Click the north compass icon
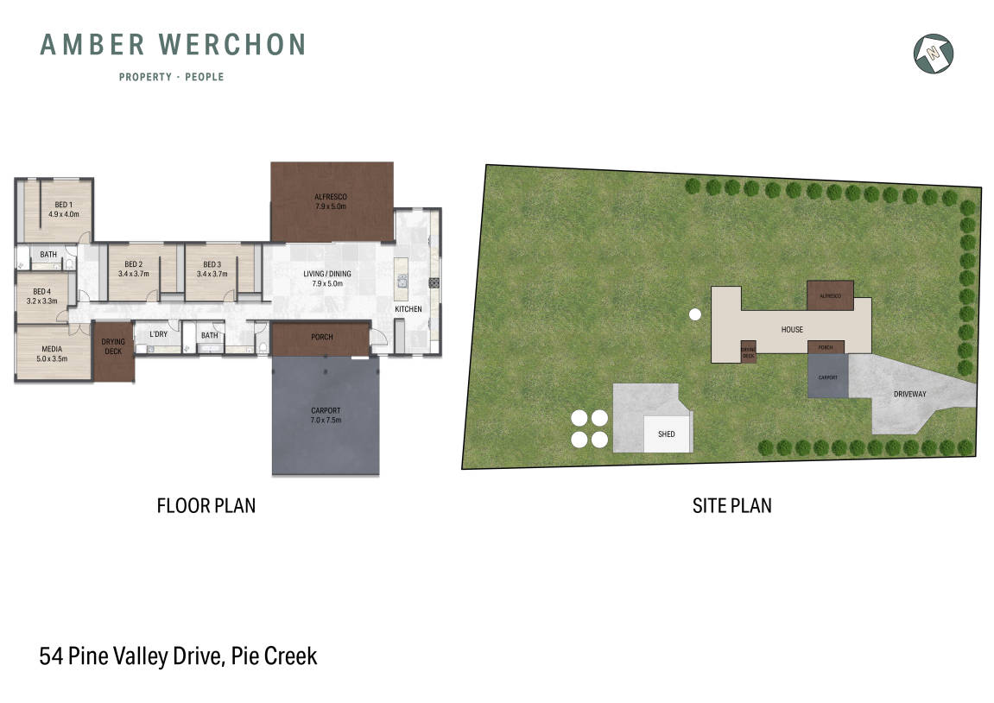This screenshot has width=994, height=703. coord(933,53)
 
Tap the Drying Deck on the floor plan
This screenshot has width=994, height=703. coord(113,346)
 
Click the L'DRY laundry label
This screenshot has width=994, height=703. coord(158,334)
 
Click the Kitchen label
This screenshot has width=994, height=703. coord(408,308)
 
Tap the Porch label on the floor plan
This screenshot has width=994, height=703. coord(320,337)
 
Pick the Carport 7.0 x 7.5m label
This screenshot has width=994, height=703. coord(326,415)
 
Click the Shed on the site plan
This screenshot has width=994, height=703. coord(667,434)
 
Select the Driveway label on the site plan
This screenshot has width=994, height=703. coord(910,394)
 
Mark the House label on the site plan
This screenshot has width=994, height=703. coord(792,329)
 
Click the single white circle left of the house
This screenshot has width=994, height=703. coord(694,315)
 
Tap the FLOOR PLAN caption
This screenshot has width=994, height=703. coord(206,505)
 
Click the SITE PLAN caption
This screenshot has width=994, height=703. coord(731,505)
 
